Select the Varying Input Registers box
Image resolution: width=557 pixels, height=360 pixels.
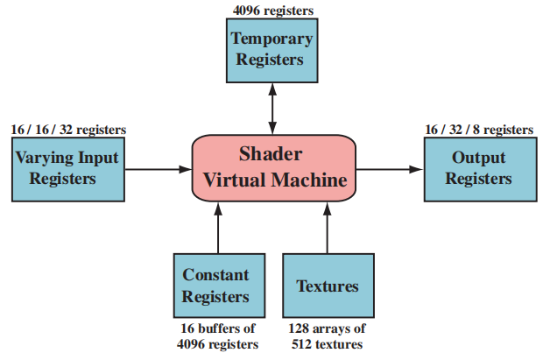[x=67, y=167]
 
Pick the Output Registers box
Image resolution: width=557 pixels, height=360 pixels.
[x=478, y=167]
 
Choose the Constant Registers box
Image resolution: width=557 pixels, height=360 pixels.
[x=215, y=286]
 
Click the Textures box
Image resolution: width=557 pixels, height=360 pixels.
[x=328, y=286]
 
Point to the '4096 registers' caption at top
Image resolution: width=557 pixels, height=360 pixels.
[x=273, y=11]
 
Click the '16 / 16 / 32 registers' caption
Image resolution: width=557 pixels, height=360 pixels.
[x=67, y=130]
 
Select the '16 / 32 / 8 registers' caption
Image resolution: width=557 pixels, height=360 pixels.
[x=478, y=130]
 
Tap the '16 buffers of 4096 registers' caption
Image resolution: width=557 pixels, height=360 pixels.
[x=215, y=336]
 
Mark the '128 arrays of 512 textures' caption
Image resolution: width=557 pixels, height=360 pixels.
[x=328, y=336]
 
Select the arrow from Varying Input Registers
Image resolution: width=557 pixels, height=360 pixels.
[x=157, y=168]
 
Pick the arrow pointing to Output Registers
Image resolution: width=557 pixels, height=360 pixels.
[x=389, y=168]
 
